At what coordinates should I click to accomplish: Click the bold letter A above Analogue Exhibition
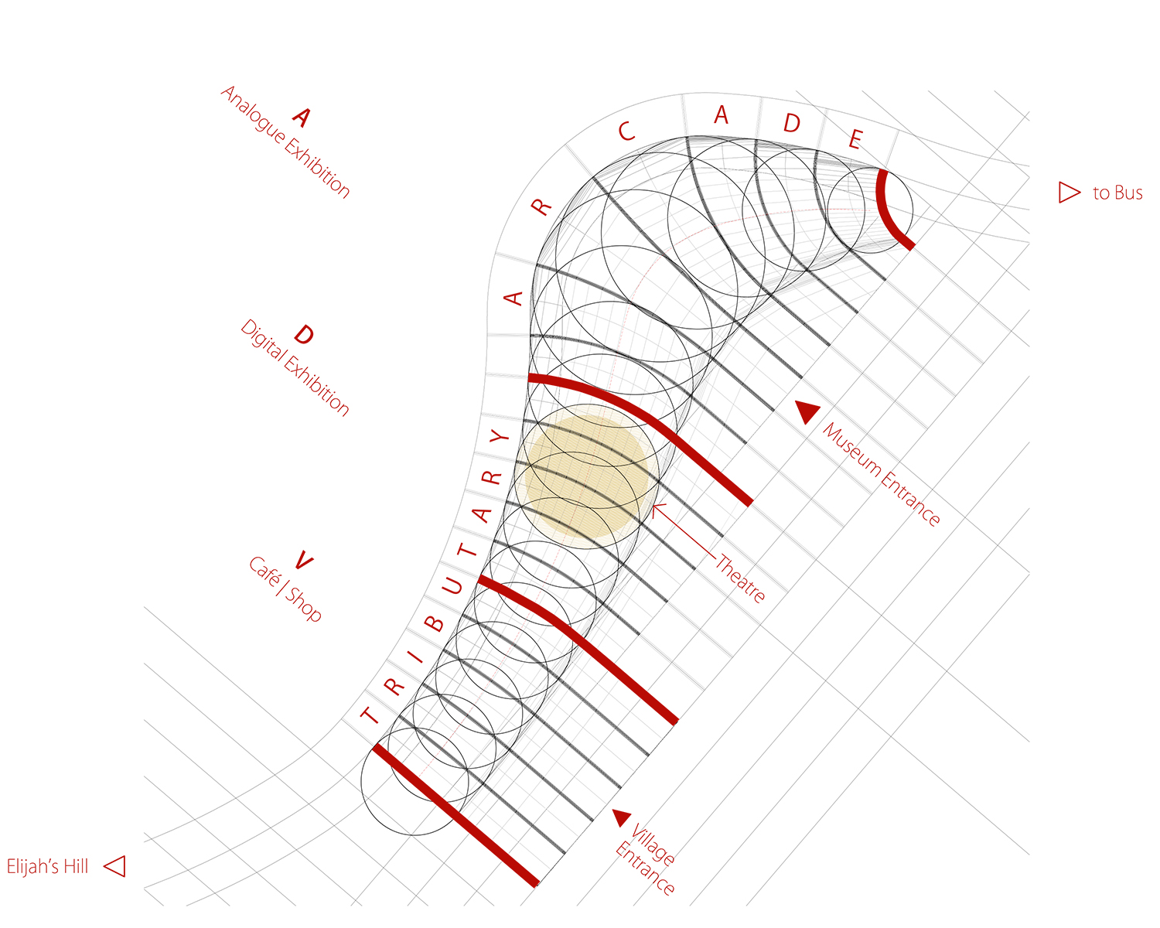[302, 118]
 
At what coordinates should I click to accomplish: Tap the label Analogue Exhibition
[285, 142]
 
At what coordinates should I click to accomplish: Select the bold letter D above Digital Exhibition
[304, 334]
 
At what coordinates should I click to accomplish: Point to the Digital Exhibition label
[295, 368]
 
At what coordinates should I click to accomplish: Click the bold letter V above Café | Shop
[303, 561]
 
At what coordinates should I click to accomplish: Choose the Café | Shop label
[285, 589]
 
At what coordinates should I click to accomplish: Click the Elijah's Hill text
[47, 867]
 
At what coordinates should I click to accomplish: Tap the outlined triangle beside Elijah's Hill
[114, 866]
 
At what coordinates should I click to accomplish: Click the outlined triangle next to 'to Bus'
[1070, 193]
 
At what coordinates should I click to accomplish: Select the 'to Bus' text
[1117, 193]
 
